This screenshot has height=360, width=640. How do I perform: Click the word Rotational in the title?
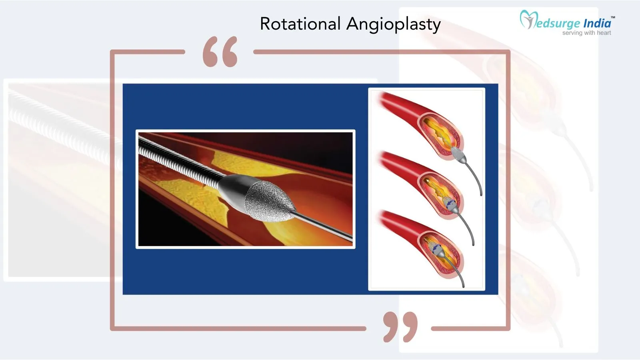point(300,24)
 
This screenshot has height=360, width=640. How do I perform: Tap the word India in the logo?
point(597,23)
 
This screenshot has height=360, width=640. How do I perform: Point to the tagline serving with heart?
point(586,33)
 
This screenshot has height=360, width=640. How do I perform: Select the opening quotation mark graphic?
point(220,52)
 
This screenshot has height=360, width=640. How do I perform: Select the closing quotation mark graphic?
point(400,327)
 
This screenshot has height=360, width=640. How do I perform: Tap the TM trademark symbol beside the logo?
point(613,17)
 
